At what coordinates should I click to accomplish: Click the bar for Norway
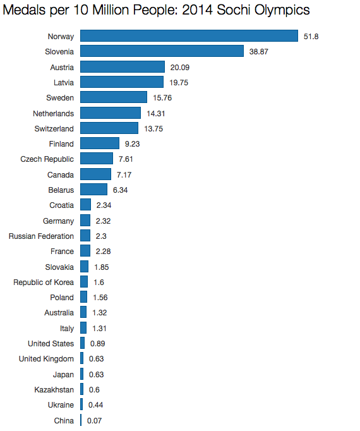coord(189,36)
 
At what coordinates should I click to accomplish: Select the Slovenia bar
coord(162,51)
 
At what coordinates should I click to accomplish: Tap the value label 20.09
coord(180,68)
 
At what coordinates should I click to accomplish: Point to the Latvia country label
coord(64,82)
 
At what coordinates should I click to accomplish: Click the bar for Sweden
coord(114,97)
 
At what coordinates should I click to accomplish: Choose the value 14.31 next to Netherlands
coord(156,114)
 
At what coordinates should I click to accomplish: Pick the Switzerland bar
coord(109,128)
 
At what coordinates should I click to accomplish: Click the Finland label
coord(61,143)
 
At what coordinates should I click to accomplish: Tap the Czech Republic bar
coord(97,159)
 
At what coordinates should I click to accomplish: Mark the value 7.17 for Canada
coord(124,175)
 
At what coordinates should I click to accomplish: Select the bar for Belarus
coord(93,190)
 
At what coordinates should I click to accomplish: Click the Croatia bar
coord(85,205)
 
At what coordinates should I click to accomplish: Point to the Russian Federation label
coord(41,236)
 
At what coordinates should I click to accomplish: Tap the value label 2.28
coord(103,252)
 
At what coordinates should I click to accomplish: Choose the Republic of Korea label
coord(44,282)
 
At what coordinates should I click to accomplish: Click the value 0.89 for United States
coord(97,344)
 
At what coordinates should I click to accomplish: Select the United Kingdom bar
coord(81,358)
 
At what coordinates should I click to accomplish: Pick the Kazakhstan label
coord(54,390)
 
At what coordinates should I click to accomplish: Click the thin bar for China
coord(81,420)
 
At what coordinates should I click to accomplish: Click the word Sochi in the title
coord(234,10)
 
